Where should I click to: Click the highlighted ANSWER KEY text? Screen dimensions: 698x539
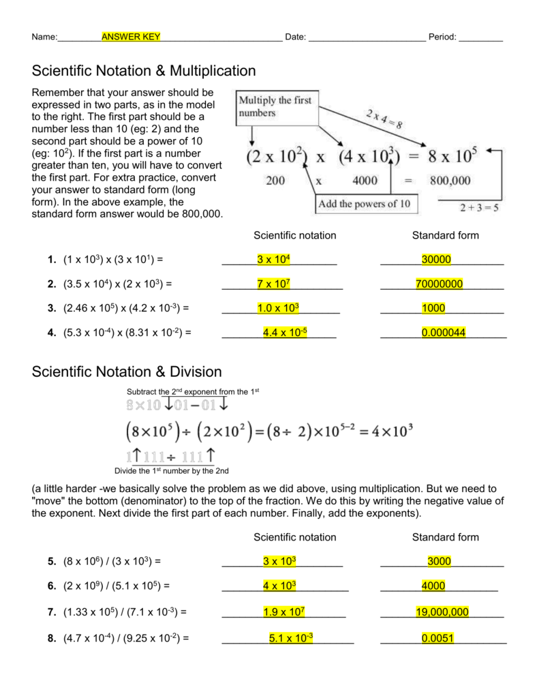click(x=131, y=37)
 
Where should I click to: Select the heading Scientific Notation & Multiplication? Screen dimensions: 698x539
click(x=144, y=71)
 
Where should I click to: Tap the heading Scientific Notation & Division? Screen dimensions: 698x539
click(x=127, y=371)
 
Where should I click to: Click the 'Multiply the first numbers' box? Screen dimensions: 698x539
click(x=277, y=106)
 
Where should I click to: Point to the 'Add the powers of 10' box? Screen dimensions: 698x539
click(x=367, y=204)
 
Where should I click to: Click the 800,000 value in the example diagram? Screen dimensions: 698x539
click(x=450, y=181)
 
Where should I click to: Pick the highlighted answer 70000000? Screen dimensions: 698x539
click(x=439, y=284)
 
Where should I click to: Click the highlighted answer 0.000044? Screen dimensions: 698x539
click(x=443, y=333)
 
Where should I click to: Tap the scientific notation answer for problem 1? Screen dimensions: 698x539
click(x=274, y=259)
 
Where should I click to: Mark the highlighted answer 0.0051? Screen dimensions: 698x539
click(x=437, y=638)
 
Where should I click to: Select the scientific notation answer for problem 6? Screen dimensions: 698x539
click(x=279, y=586)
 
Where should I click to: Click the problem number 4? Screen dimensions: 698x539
click(x=51, y=333)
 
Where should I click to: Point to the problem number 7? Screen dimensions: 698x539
click(x=51, y=612)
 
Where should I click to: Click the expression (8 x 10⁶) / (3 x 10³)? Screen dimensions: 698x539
click(x=114, y=561)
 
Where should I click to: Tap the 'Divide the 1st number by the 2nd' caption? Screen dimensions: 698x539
click(x=171, y=470)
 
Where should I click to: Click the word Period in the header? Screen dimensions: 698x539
click(x=442, y=37)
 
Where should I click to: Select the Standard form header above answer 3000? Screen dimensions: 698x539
click(x=445, y=537)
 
